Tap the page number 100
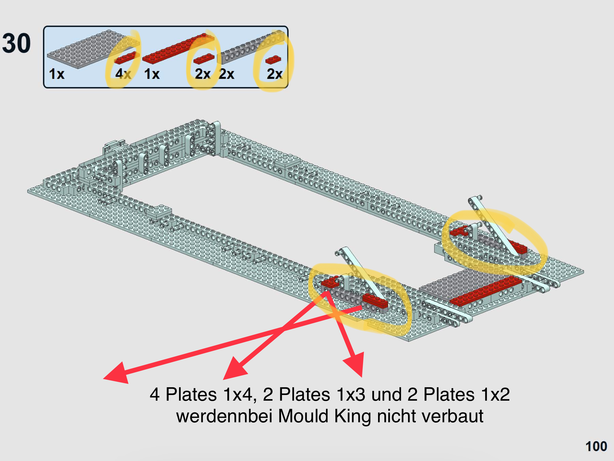click(596, 446)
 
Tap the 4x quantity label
click(123, 74)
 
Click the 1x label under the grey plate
click(57, 74)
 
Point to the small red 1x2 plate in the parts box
click(273, 60)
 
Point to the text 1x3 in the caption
click(351, 394)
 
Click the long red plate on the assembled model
click(486, 291)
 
